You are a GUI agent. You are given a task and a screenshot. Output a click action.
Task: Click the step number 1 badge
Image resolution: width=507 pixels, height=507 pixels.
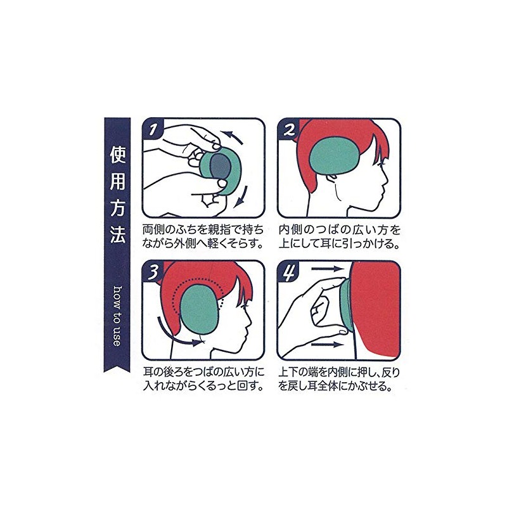153,129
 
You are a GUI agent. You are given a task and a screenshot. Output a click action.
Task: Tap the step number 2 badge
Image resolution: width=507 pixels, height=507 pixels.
288,129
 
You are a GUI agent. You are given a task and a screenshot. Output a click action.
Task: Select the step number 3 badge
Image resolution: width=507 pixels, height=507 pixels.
153,271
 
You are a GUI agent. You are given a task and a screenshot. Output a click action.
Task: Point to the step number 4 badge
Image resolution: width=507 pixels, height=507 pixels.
288,271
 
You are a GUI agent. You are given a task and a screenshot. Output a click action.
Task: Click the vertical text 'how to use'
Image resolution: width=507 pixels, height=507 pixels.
117,316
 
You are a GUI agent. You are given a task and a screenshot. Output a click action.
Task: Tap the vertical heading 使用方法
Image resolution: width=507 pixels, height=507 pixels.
117,195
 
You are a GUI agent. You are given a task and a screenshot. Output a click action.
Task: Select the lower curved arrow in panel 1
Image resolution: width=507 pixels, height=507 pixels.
241,196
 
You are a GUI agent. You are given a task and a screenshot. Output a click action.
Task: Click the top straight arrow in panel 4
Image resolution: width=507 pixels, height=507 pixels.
326,269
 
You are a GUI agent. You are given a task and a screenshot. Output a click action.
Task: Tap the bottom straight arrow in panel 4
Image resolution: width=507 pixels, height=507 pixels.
326,345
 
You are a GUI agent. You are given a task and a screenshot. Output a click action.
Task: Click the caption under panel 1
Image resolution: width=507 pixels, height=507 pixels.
203,236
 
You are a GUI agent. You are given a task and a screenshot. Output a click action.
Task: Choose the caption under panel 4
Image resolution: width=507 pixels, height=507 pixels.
339,380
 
